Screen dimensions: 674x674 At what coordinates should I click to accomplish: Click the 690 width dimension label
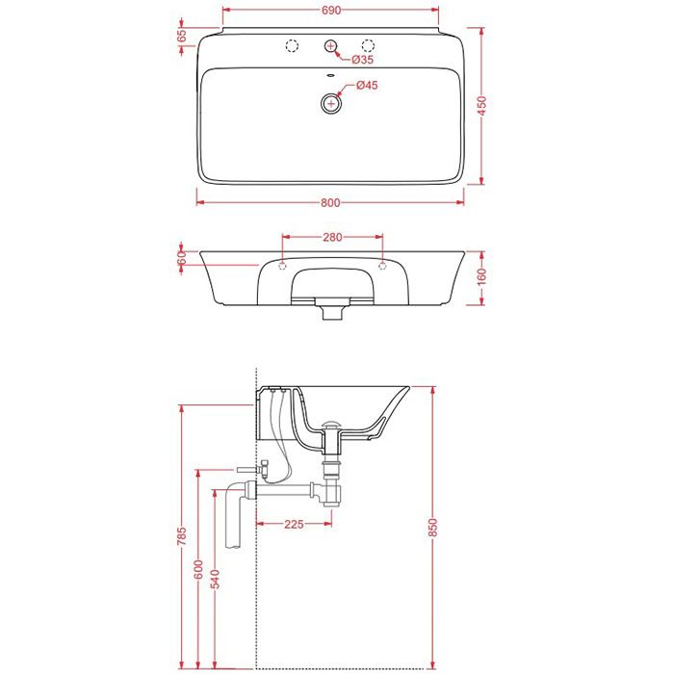coord(330,11)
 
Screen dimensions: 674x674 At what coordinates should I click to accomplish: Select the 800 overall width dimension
coord(330,202)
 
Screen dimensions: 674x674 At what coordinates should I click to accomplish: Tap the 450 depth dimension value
coord(482,106)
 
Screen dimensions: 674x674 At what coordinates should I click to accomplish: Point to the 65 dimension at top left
coord(182,36)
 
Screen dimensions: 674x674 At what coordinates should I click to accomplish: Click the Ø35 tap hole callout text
coord(362,60)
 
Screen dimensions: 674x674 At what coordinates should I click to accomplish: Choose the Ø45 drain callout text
coord(367,85)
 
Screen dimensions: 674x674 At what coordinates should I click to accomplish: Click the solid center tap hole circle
coord(330,45)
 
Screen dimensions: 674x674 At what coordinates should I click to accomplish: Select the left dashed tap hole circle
coord(293,45)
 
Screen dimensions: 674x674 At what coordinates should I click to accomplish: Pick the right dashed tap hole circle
coord(368,45)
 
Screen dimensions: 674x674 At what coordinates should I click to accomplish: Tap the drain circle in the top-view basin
coord(331,103)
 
